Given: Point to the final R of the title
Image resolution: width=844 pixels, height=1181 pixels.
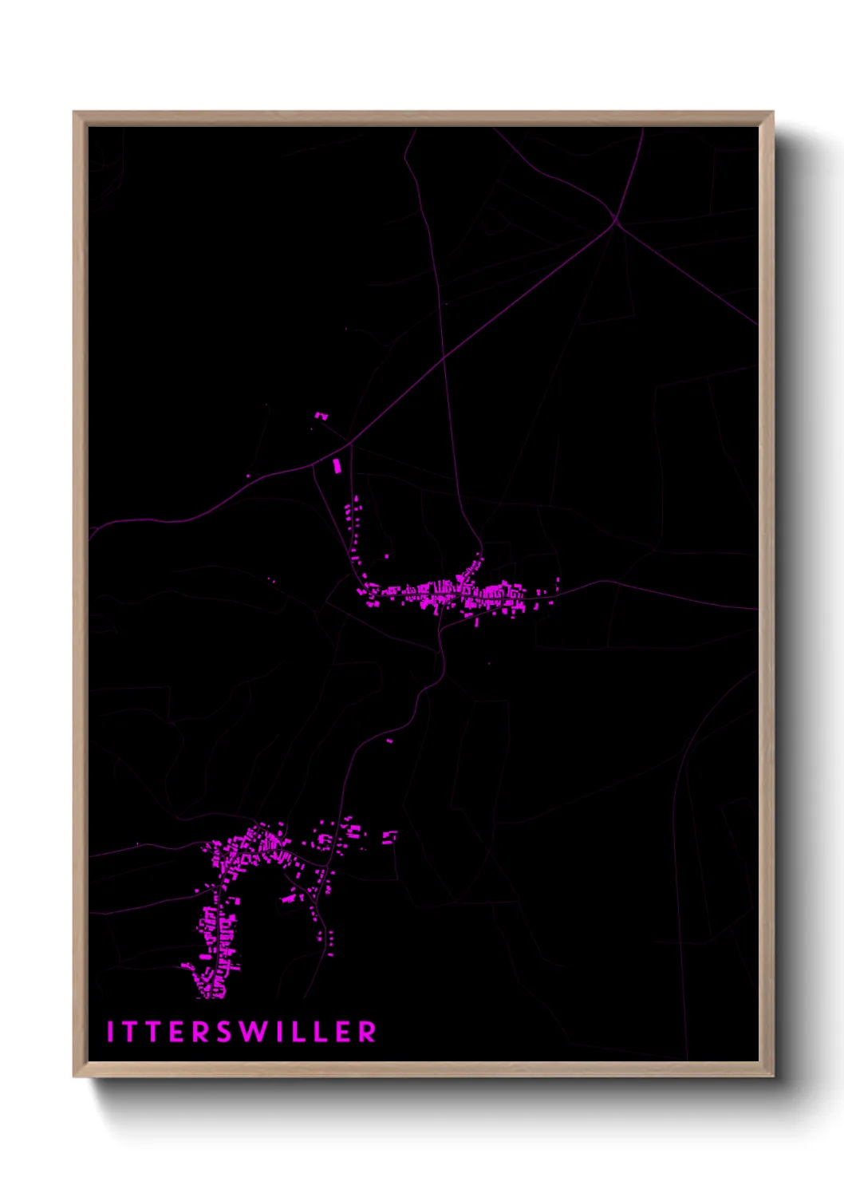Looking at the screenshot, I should (367, 1032).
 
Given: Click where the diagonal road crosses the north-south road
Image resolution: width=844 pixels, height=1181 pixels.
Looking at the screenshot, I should (444, 361).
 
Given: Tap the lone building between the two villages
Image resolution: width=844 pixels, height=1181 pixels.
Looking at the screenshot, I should (390, 741).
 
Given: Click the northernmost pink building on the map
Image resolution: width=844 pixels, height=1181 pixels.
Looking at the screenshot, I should (321, 416).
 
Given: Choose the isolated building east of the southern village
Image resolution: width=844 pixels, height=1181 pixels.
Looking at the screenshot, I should (389, 837).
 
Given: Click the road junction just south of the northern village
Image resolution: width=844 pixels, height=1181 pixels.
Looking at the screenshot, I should (440, 630).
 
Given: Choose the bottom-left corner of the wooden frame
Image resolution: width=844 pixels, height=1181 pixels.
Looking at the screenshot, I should (74, 1076).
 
